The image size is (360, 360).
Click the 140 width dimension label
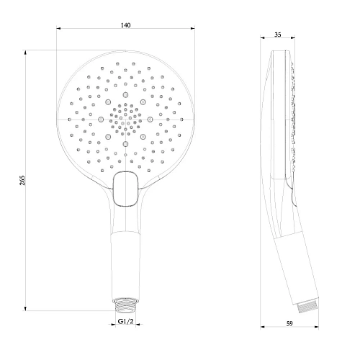pyautogui.click(x=125, y=26)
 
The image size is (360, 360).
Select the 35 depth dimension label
pyautogui.click(x=282, y=35)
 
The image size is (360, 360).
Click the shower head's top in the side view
pyautogui.click(x=281, y=55)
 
